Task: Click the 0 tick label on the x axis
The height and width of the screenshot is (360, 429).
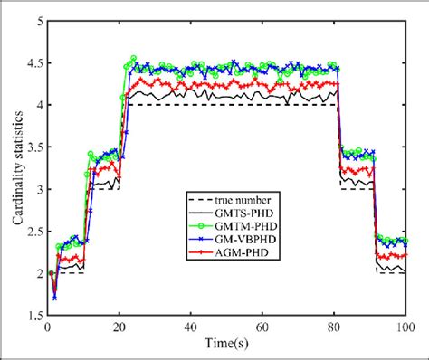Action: coord(47,328)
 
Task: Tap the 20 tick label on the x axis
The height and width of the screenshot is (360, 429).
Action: coord(119,328)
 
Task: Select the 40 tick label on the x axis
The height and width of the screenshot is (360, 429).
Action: coord(190,328)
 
